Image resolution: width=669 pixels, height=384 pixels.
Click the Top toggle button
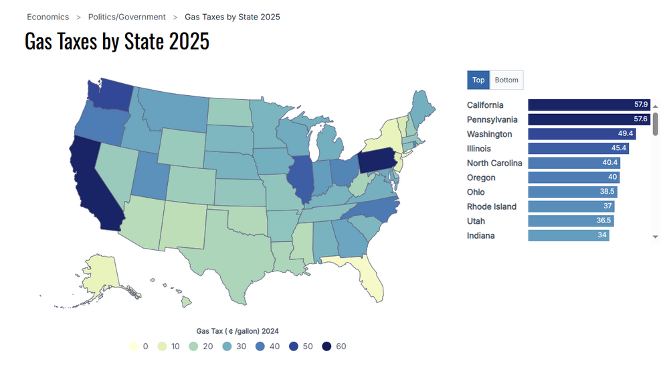coord(478,80)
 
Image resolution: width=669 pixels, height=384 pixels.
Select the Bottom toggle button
coord(506,80)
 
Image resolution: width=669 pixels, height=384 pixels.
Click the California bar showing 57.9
coord(589,105)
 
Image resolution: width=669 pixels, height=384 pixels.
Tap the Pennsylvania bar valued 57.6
coord(589,119)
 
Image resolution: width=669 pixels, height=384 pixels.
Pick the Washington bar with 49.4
coord(581,134)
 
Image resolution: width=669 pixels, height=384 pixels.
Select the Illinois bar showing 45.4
coord(578,149)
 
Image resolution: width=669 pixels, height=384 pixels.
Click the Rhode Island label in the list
coord(492,206)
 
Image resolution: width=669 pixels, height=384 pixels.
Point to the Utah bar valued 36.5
coord(571,221)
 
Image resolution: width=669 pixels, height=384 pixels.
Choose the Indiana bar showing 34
coord(568,236)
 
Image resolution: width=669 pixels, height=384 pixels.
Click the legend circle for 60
coord(326,346)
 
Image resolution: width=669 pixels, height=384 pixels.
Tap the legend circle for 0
coord(134,346)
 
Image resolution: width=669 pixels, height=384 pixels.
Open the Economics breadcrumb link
coord(47,17)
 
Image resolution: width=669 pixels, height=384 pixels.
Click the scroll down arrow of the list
coord(656,237)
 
